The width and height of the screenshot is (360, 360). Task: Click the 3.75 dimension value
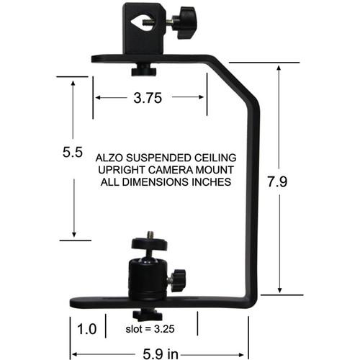[x=148, y=99]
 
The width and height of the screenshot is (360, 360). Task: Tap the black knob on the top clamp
[x=189, y=17]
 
